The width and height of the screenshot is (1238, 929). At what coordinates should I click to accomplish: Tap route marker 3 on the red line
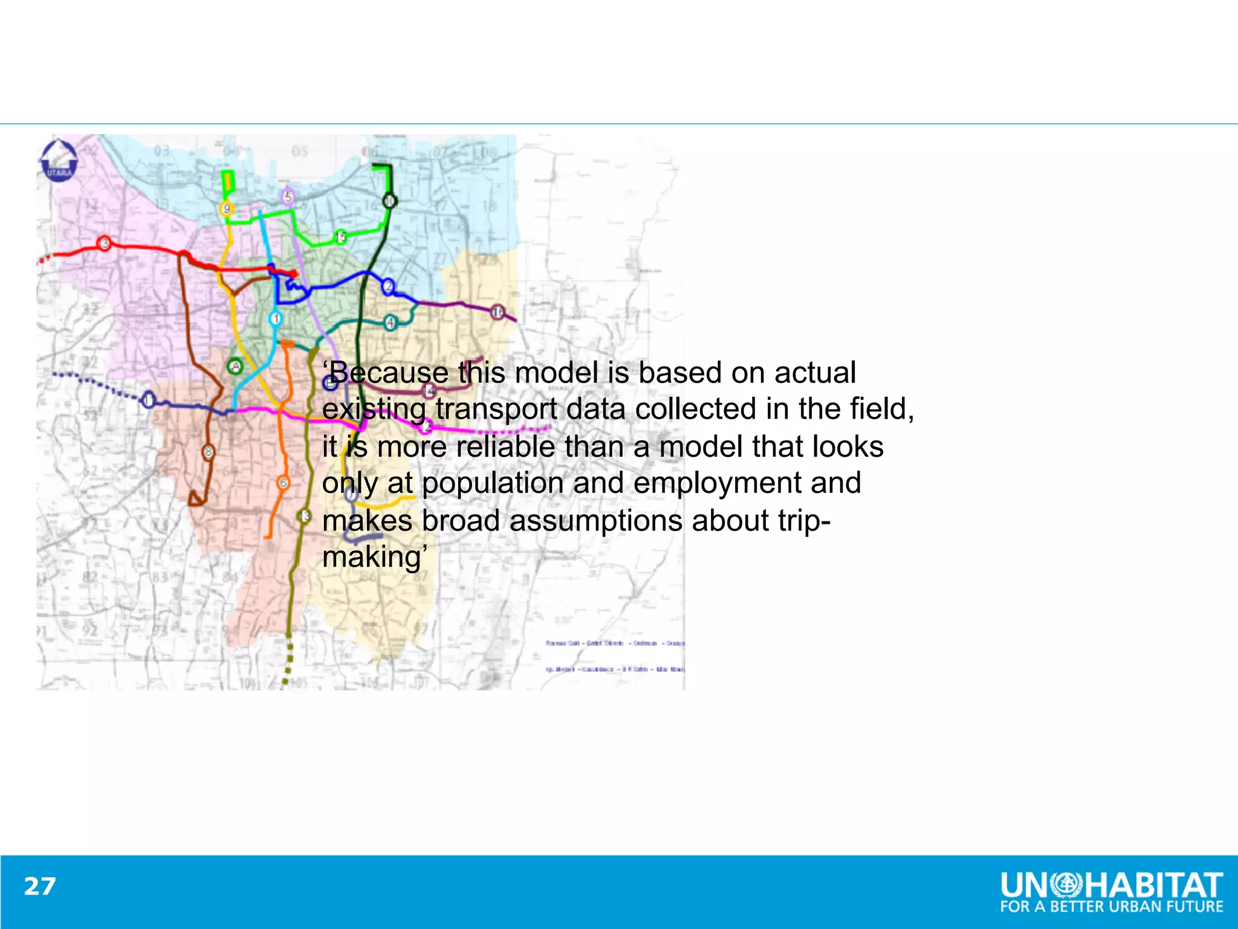pyautogui.click(x=105, y=243)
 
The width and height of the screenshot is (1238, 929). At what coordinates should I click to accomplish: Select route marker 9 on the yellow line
pyautogui.click(x=227, y=209)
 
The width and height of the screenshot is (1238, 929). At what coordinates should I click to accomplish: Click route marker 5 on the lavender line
pyautogui.click(x=288, y=197)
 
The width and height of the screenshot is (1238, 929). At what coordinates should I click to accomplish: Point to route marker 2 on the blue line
pyautogui.click(x=388, y=286)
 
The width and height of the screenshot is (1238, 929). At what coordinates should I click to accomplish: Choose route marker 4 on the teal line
pyautogui.click(x=391, y=322)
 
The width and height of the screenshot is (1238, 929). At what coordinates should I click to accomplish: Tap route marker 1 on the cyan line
pyautogui.click(x=276, y=318)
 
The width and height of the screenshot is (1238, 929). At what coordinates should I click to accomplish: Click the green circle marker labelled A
pyautogui.click(x=235, y=366)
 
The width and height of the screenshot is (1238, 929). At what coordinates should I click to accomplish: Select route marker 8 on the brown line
pyautogui.click(x=209, y=452)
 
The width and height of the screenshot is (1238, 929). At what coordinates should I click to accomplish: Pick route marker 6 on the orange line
pyautogui.click(x=283, y=483)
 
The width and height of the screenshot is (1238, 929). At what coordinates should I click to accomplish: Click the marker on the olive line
pyautogui.click(x=304, y=516)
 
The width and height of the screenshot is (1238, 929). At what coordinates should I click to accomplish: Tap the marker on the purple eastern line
pyautogui.click(x=497, y=312)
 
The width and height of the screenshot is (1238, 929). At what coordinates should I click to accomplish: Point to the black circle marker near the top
pyautogui.click(x=390, y=201)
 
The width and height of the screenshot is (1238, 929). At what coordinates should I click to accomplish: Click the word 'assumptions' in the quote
pyautogui.click(x=596, y=521)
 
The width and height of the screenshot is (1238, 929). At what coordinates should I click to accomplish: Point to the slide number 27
pyautogui.click(x=40, y=887)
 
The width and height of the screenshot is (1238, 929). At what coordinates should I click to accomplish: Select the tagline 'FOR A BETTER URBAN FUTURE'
pyautogui.click(x=1112, y=907)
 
